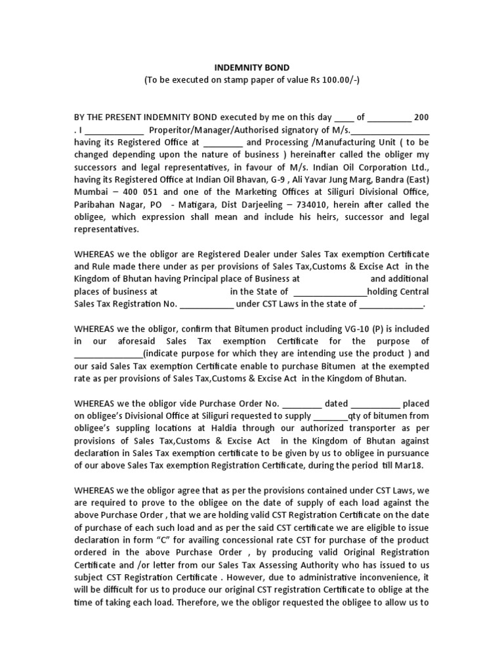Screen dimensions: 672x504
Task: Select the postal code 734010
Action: pos(303,205)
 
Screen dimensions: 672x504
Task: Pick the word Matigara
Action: pos(195,205)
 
